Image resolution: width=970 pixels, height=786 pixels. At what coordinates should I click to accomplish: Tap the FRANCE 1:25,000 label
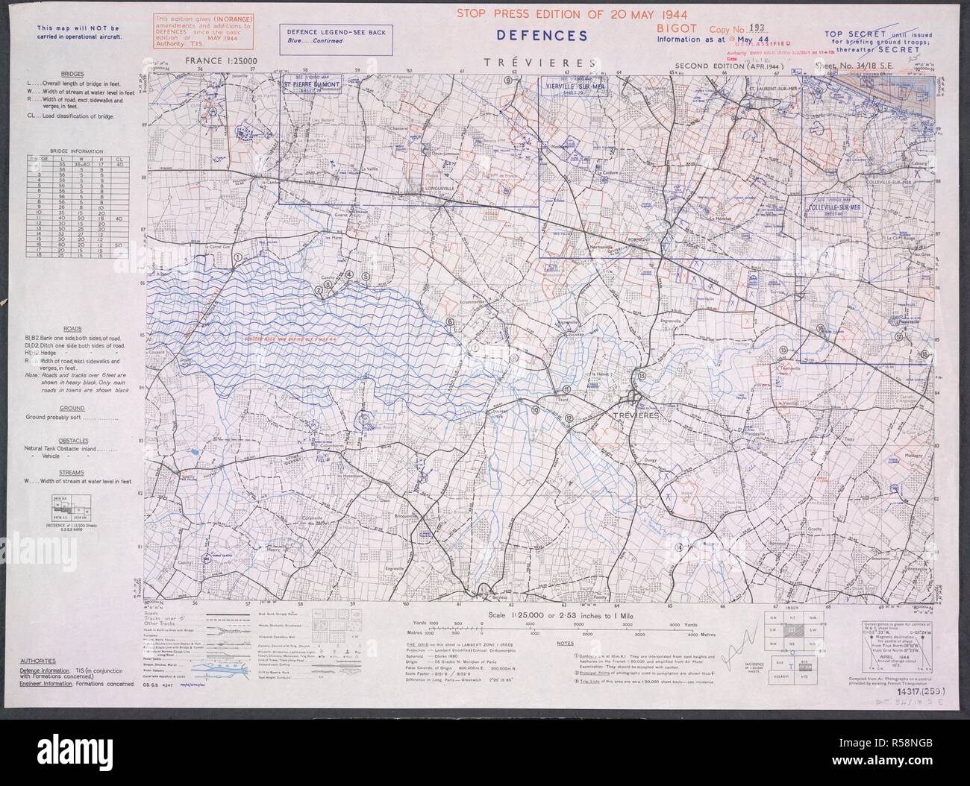pos(222,64)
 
